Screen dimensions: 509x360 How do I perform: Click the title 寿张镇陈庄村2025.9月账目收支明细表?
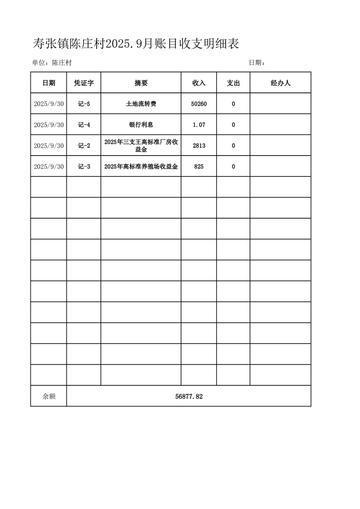point(136,44)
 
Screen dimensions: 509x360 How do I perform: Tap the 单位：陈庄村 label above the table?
point(52,63)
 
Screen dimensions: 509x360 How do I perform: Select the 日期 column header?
point(49,83)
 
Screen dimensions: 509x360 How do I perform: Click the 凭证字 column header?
point(84,83)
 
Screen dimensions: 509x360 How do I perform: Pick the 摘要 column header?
point(141,83)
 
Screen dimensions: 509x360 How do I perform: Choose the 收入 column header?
point(199,83)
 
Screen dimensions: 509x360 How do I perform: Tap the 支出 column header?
point(233,83)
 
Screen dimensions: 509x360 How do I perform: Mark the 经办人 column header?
point(280,83)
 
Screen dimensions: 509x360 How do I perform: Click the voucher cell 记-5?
point(84,104)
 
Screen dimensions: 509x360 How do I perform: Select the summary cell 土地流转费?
point(141,104)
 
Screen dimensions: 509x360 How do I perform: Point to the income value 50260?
point(199,104)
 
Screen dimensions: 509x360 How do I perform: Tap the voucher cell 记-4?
point(84,125)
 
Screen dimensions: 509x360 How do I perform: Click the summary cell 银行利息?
point(141,125)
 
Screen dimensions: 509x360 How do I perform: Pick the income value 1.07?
point(199,125)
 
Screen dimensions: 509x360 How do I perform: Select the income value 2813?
point(199,146)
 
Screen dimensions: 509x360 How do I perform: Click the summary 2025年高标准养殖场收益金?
point(141,166)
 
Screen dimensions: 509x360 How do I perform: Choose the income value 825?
point(199,166)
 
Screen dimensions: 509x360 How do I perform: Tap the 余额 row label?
point(49,396)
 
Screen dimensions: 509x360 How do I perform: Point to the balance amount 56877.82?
point(189,396)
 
